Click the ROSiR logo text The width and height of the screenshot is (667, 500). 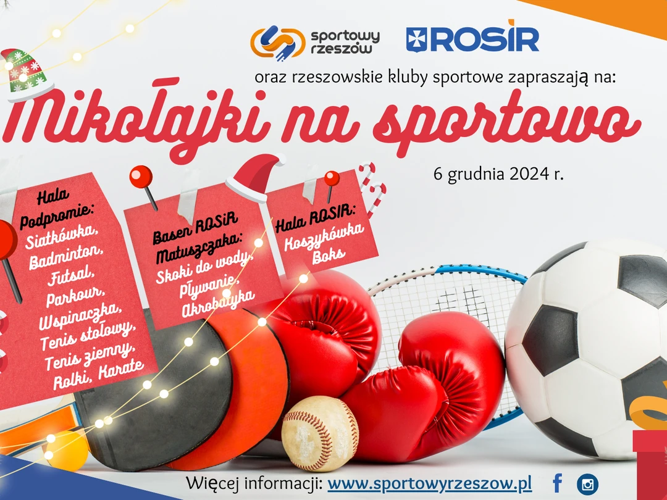[472, 39]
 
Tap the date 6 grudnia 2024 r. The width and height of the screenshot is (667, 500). [498, 174]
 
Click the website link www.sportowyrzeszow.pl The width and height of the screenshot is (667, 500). [430, 483]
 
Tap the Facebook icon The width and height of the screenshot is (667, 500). [557, 483]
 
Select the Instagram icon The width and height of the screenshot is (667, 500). [587, 485]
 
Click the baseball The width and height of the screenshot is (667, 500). [321, 433]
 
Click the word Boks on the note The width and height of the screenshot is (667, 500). [328, 256]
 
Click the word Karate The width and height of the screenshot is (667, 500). [121, 369]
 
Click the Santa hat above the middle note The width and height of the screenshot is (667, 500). [255, 177]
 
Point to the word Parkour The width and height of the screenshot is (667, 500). [75, 296]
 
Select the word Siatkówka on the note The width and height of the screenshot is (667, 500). [62, 236]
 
